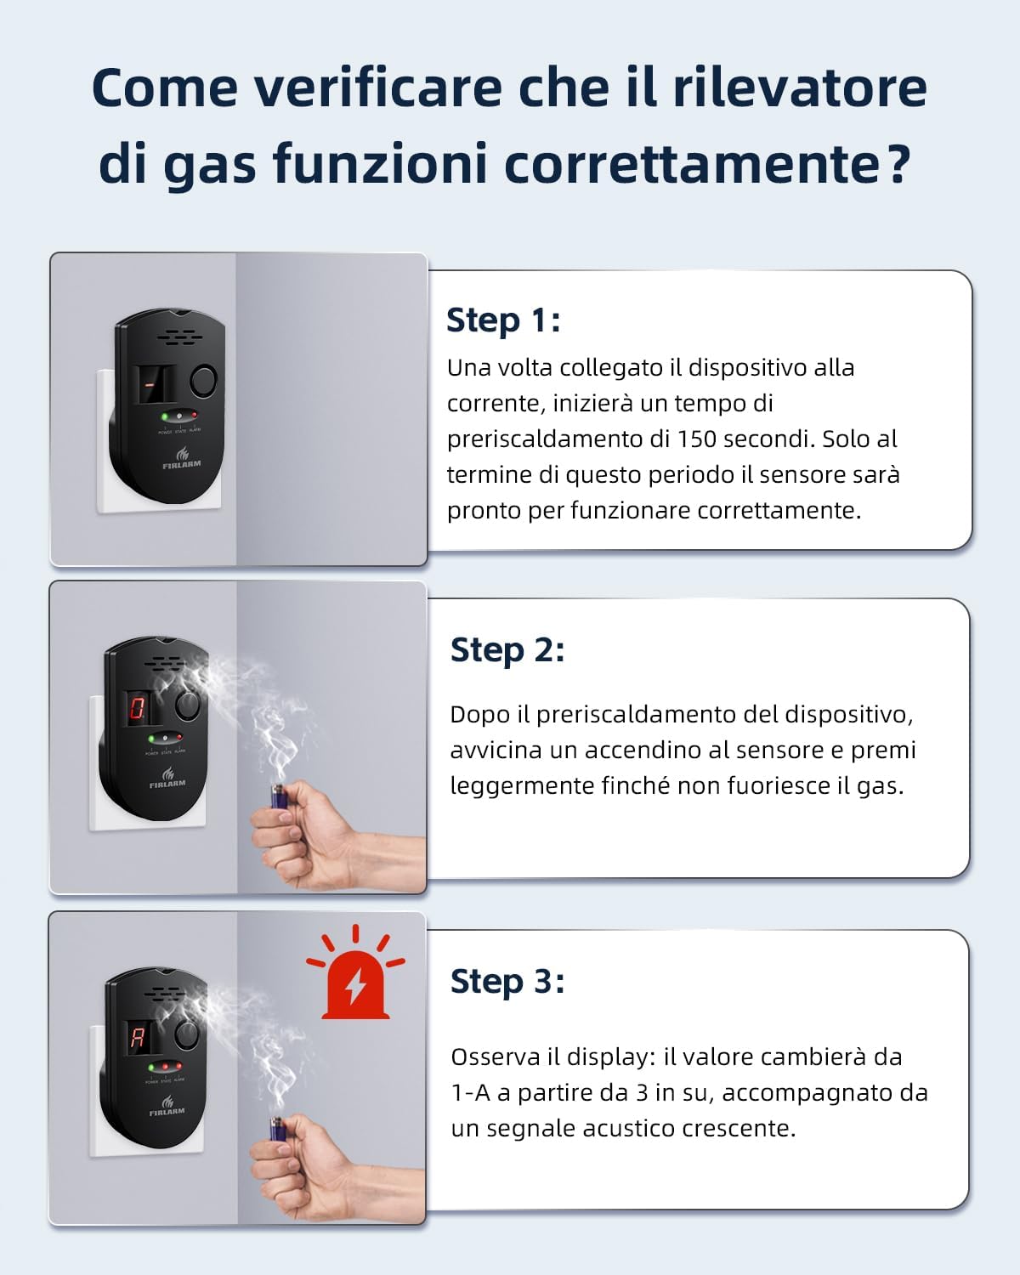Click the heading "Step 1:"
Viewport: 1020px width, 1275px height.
(x=503, y=320)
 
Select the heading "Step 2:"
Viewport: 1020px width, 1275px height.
(x=507, y=650)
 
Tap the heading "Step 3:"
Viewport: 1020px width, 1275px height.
(x=507, y=981)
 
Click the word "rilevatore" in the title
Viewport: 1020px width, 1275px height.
(x=799, y=88)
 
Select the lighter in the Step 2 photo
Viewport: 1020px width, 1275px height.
(x=278, y=796)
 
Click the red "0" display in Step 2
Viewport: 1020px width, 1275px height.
(x=137, y=707)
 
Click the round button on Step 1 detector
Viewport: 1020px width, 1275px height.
(x=203, y=379)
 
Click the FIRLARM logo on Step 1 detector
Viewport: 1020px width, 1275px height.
(x=181, y=460)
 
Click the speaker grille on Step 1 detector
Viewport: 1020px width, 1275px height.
(x=179, y=337)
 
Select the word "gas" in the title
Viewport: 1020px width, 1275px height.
(x=209, y=163)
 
